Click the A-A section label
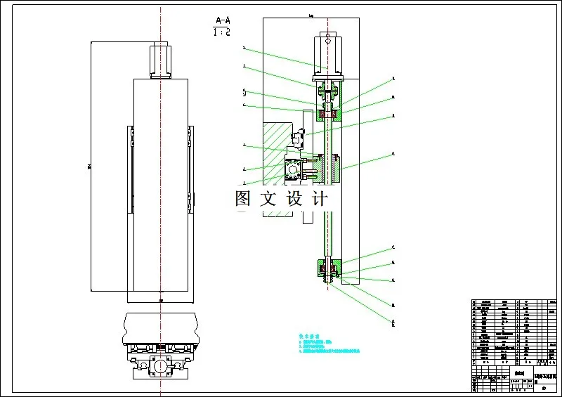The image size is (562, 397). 221,20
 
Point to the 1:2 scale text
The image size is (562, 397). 221,32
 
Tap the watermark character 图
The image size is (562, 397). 243,198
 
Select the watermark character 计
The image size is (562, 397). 318,198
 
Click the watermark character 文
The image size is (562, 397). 268,198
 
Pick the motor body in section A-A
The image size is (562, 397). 328,52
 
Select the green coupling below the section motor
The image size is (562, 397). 328,91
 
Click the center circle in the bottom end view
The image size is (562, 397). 161,366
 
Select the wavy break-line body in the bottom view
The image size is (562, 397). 161,327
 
